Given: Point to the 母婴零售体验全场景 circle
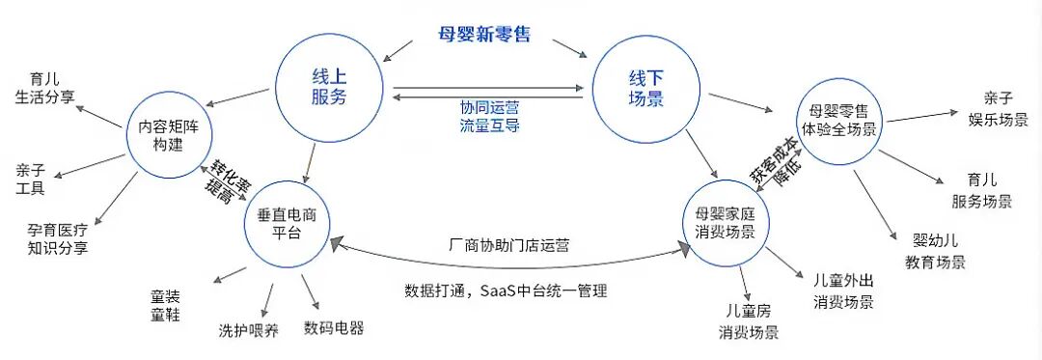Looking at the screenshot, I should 836,120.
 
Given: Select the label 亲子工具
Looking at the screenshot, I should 31,179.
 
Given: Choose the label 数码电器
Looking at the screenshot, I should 334,327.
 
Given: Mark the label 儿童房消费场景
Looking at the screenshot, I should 747,322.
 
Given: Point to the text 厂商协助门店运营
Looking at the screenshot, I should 509,245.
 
